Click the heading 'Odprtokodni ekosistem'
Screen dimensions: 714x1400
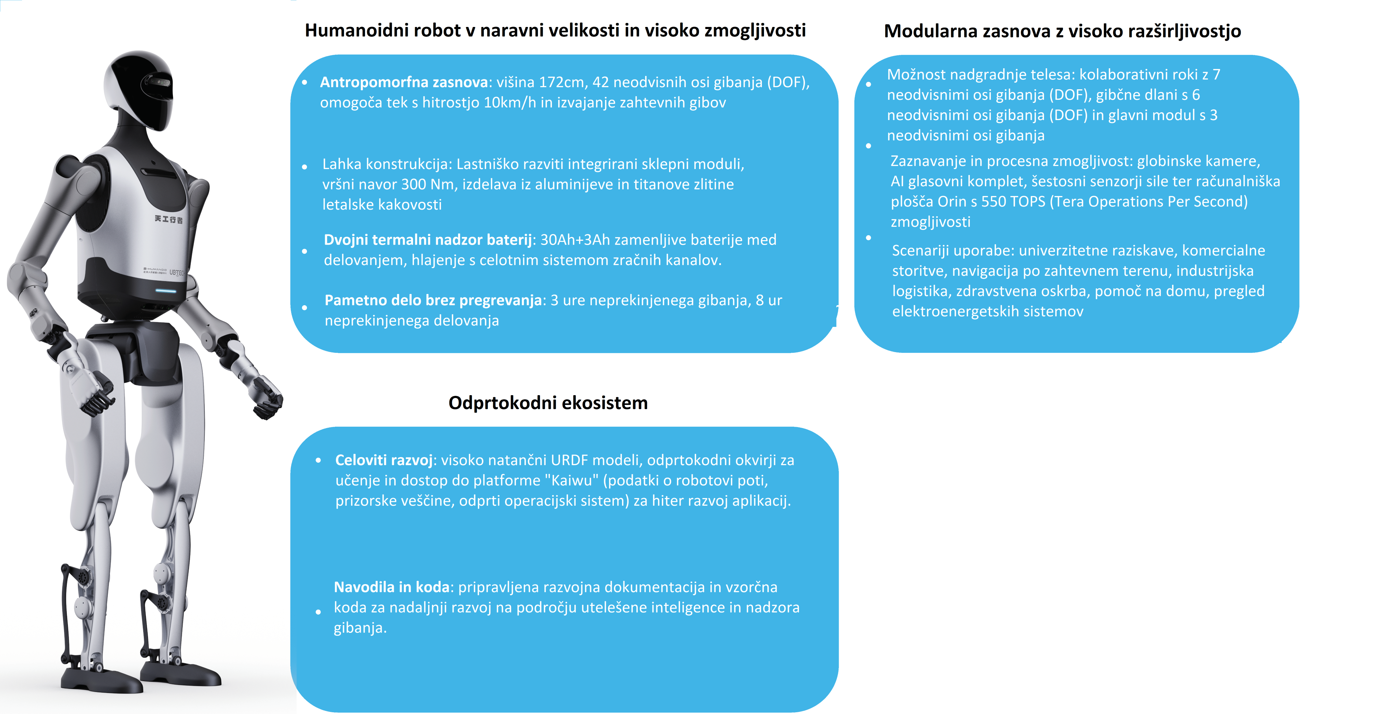click(x=548, y=402)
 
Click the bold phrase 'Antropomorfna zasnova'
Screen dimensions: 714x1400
click(x=404, y=82)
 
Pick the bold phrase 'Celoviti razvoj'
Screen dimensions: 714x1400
click(x=384, y=460)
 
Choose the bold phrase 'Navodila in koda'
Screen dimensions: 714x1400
click(x=391, y=587)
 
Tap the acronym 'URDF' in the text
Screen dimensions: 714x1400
click(x=569, y=460)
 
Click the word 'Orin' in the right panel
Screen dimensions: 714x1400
click(x=952, y=202)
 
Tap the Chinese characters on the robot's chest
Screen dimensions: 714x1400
click(x=168, y=219)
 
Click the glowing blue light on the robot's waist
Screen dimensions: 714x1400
click(x=166, y=291)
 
